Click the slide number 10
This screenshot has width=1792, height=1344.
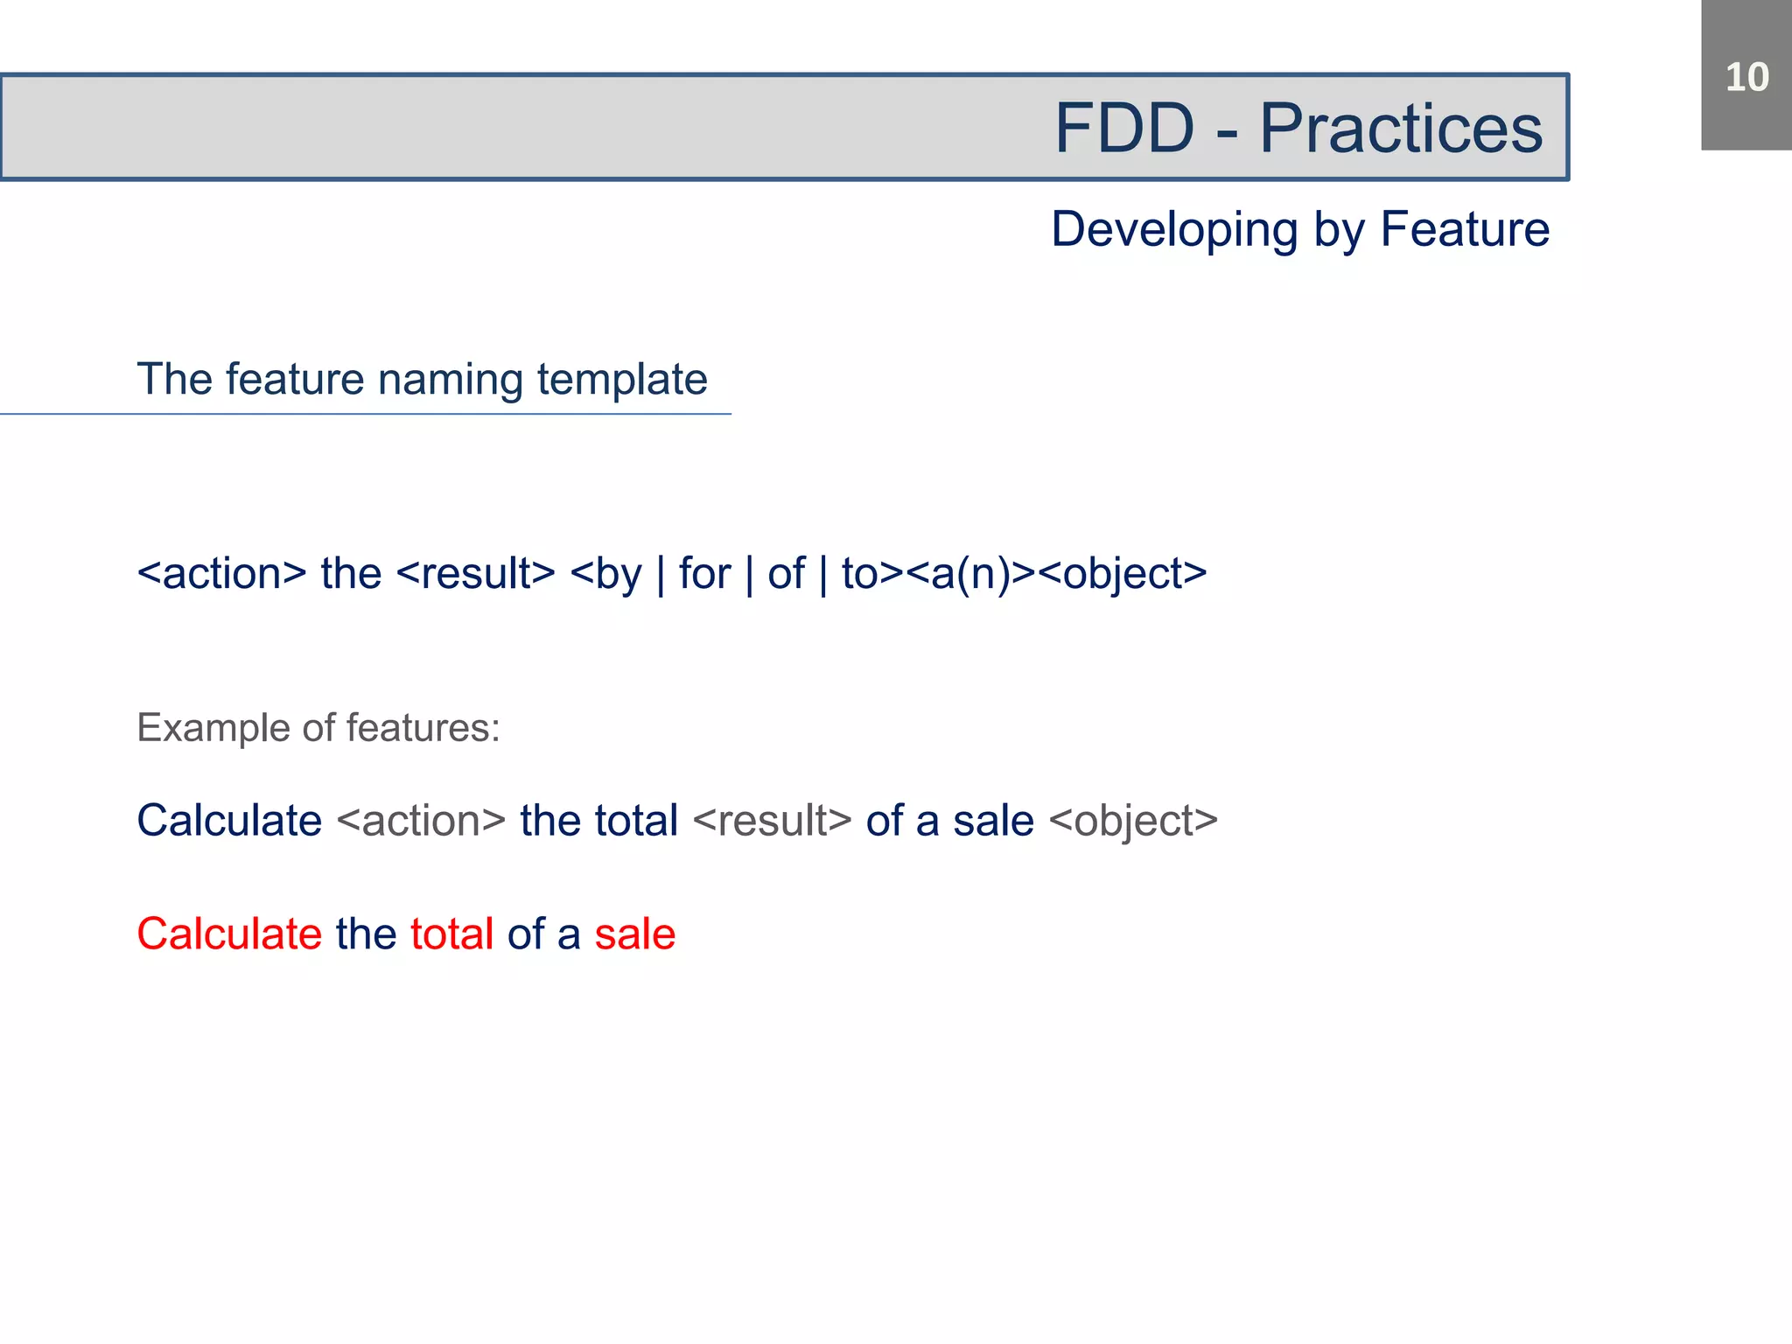(x=1746, y=77)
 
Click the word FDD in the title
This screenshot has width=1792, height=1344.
(x=1124, y=128)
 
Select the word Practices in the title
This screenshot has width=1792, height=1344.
(x=1401, y=128)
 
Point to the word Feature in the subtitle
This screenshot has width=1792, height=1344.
(x=1465, y=229)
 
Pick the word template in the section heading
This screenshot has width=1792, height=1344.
(x=622, y=380)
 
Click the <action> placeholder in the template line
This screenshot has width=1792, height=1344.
(x=222, y=574)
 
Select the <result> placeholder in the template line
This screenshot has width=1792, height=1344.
(x=476, y=574)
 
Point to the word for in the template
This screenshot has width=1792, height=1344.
(x=704, y=574)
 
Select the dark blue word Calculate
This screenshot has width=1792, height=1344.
(x=229, y=821)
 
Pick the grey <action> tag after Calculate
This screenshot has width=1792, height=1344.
(x=421, y=821)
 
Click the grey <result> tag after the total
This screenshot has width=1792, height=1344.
(x=772, y=821)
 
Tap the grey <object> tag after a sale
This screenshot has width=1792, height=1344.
(x=1133, y=821)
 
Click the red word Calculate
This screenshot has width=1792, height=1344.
(x=229, y=934)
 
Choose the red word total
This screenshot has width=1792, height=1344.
(x=451, y=934)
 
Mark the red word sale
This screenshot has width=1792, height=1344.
(x=635, y=934)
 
